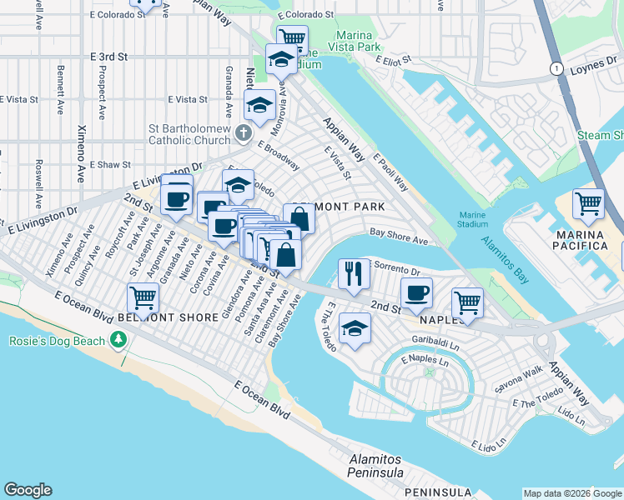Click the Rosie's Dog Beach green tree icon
[119, 340]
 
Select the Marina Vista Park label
[369, 41]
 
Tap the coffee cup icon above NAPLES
[416, 292]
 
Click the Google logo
[28, 490]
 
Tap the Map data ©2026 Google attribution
[572, 493]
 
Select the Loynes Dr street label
[592, 70]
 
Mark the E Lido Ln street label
[490, 445]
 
